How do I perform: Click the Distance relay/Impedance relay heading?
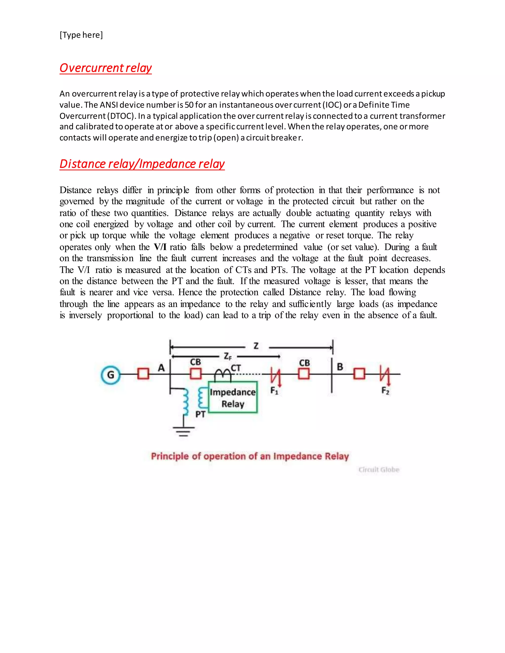tap(142, 164)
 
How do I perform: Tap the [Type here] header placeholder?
tap(81, 35)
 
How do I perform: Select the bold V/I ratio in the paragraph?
tap(160, 247)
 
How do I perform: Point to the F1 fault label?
tap(274, 391)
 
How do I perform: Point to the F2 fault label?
tap(385, 391)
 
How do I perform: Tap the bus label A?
tap(161, 367)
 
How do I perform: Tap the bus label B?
tap(340, 367)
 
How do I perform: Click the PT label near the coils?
tap(200, 414)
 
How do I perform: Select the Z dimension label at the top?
tap(256, 346)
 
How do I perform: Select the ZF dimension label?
tap(228, 356)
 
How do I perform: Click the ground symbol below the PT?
tap(183, 431)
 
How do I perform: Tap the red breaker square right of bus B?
tap(359, 374)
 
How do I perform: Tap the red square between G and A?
tap(143, 374)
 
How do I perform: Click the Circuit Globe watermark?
tap(379, 469)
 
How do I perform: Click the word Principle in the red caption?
tap(170, 456)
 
